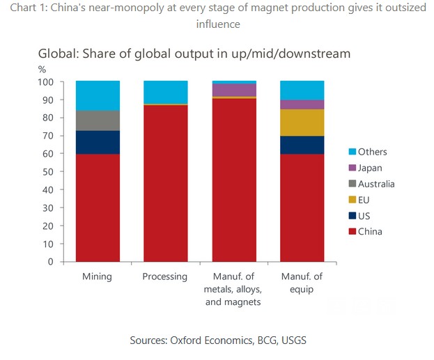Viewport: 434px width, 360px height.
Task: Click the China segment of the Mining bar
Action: click(98, 208)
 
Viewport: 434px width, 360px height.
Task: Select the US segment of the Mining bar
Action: click(98, 142)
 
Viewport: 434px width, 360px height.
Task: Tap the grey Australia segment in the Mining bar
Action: click(98, 120)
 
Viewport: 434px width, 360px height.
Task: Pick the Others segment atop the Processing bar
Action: click(165, 92)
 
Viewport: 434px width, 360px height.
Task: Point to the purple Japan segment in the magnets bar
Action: click(233, 90)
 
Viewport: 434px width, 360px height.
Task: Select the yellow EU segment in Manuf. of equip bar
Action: click(302, 123)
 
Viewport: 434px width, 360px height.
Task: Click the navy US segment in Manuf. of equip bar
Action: click(302, 145)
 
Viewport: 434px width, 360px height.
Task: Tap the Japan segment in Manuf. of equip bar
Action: click(302, 104)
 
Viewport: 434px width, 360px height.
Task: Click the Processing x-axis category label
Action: click(165, 276)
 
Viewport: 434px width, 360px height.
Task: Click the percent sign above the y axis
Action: click(42, 69)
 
